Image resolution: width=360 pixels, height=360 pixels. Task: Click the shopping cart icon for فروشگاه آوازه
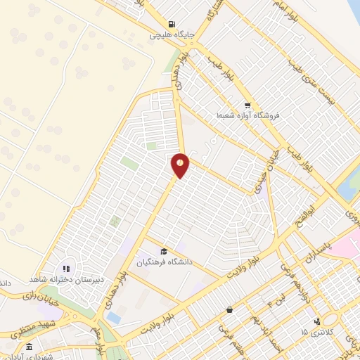[245, 104]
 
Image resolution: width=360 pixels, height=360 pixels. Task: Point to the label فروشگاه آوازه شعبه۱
[242, 115]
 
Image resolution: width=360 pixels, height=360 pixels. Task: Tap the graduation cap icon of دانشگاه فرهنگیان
[164, 252]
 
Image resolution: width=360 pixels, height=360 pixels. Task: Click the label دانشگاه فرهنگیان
[164, 262]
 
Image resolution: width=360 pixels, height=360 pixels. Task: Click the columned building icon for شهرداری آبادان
[29, 347]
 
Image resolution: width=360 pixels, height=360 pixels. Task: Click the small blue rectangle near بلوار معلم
[114, 318]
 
